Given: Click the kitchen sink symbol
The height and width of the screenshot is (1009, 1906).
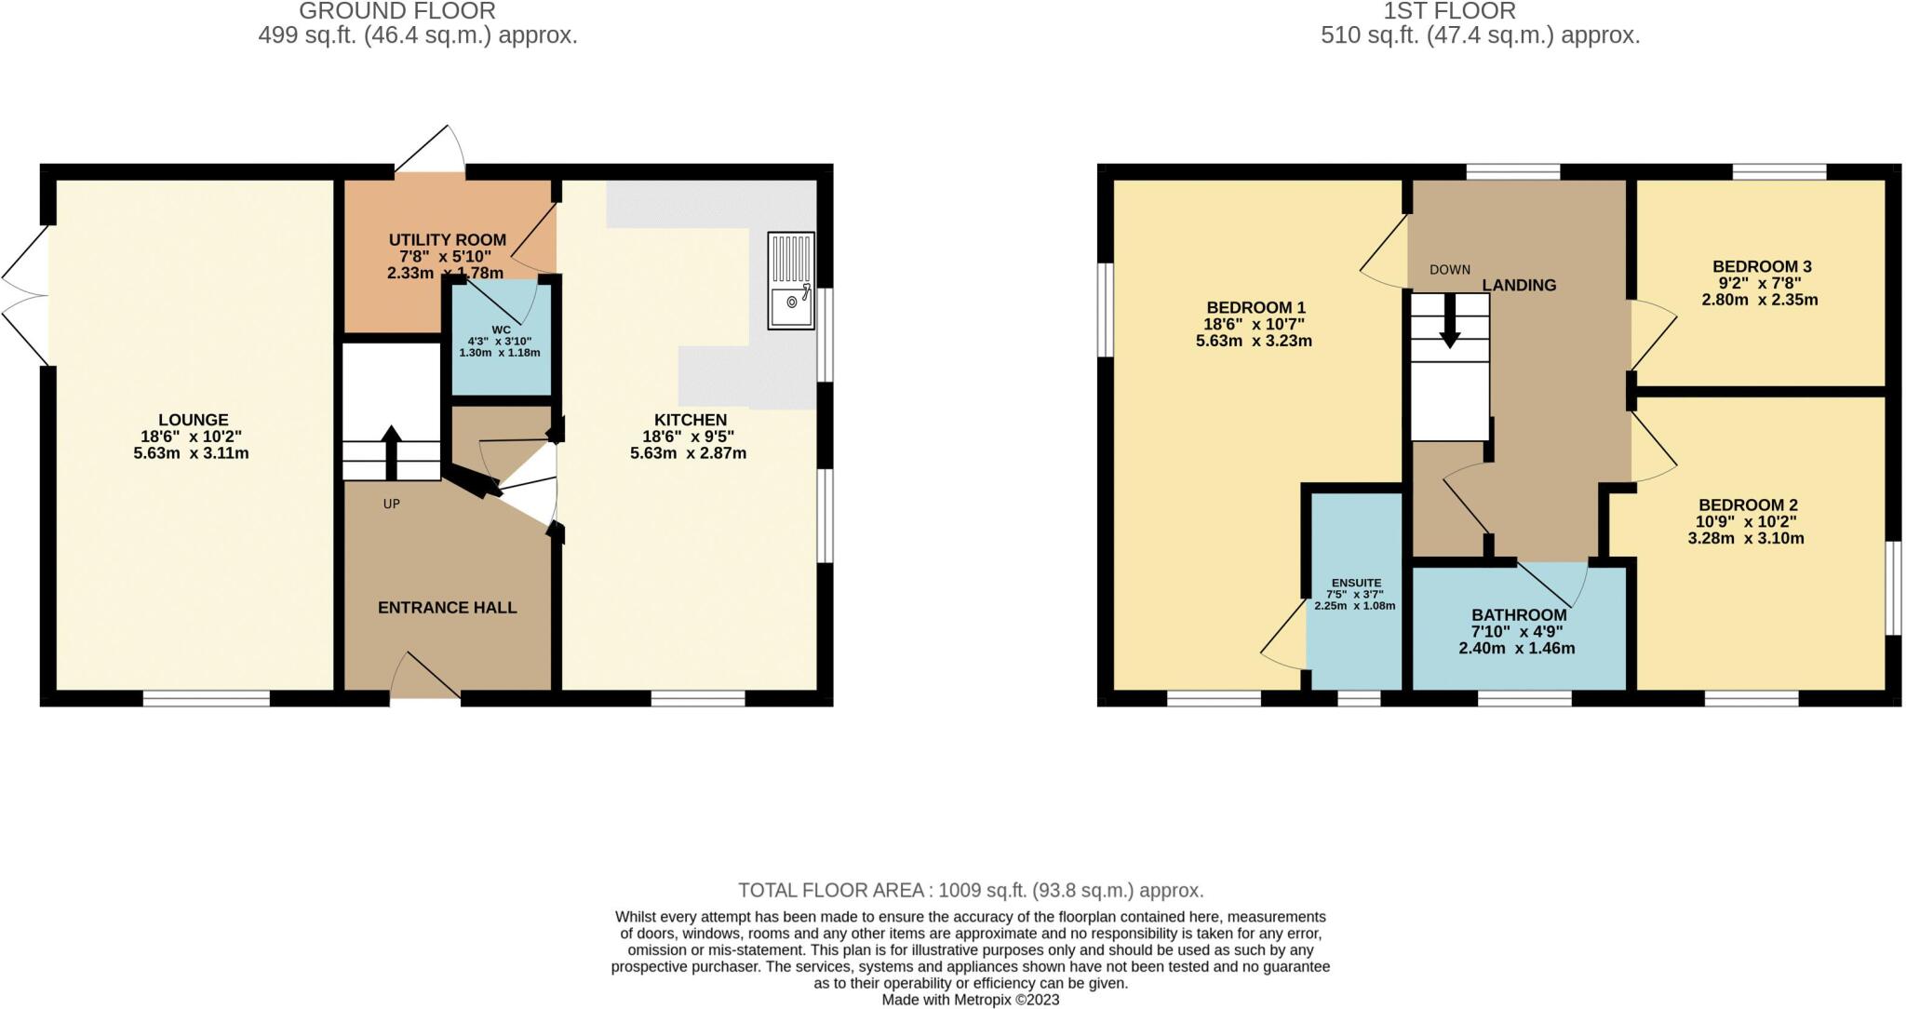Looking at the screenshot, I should (791, 280).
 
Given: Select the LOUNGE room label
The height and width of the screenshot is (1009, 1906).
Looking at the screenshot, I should (193, 420).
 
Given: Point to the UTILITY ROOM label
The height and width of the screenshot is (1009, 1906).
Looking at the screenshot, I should (447, 240).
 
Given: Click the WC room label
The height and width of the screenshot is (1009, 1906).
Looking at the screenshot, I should (501, 330).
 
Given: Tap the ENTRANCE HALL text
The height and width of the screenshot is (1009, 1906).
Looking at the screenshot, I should (447, 608).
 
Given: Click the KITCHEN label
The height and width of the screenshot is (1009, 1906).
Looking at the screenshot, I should (690, 420).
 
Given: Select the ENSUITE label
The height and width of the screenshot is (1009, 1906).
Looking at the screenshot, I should (1355, 583).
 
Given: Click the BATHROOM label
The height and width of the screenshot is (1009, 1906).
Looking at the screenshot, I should (1519, 615).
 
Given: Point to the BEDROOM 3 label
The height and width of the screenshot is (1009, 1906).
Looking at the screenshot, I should (1761, 266).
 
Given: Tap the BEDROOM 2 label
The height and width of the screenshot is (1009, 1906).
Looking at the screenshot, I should (1747, 505).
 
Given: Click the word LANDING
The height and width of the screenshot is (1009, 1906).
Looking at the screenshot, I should (1519, 286).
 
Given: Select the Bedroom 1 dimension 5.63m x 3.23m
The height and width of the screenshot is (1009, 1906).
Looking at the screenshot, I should (1254, 342).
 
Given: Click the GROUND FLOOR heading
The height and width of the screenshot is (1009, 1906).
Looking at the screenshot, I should (397, 11).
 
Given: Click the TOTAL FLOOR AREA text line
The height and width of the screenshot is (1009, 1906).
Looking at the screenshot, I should (971, 890).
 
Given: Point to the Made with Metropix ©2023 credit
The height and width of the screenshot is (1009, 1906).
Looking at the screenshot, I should (971, 1001).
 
